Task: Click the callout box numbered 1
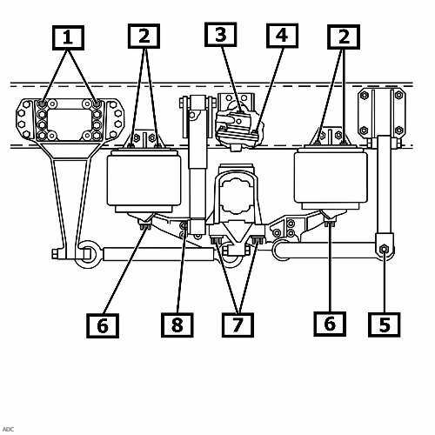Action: coord(68,37)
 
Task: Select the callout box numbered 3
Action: coord(221,35)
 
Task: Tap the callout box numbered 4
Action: coord(282,36)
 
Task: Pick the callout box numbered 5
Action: coord(385,325)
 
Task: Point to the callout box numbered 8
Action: coord(177,325)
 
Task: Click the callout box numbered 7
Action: coord(238,325)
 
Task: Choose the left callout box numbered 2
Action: coord(144,36)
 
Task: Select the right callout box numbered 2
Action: coord(344,37)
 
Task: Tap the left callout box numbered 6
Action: coord(103,325)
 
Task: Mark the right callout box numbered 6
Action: coord(330,324)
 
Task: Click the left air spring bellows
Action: coord(144,180)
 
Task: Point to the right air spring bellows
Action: coord(331,177)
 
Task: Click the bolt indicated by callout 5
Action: coord(384,249)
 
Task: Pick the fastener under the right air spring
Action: coord(330,223)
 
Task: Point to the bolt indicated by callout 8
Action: coord(184,225)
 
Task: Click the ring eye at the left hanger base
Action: coord(88,255)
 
